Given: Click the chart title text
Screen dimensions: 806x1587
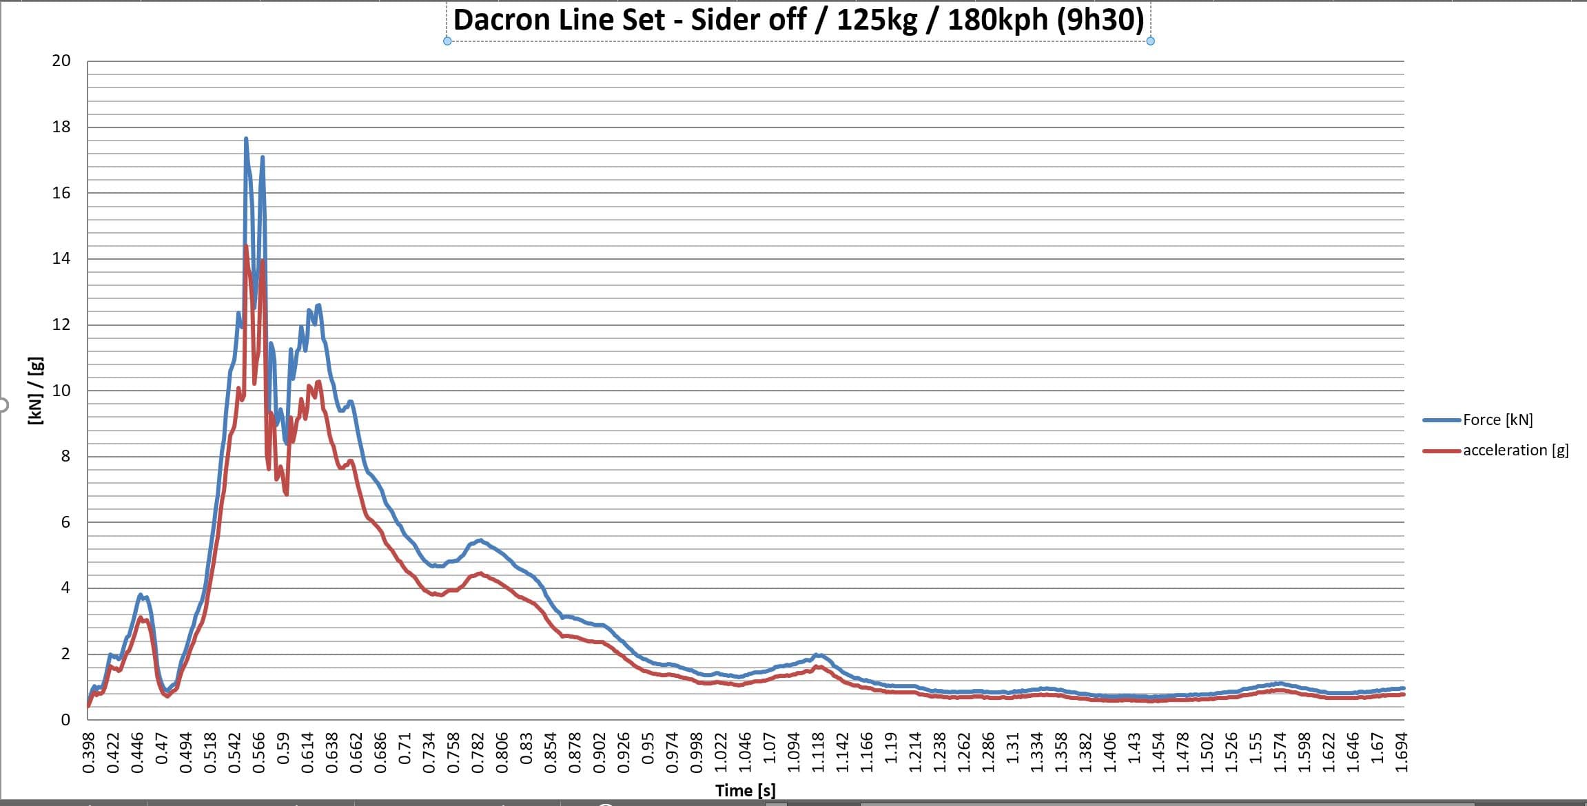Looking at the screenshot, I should (798, 20).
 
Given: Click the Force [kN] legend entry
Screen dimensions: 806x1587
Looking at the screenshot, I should (1497, 420).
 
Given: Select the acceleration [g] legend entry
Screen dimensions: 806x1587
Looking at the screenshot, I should (1515, 450).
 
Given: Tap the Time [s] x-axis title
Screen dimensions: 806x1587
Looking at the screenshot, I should (745, 790).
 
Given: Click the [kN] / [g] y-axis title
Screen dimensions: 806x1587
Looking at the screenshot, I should (36, 391).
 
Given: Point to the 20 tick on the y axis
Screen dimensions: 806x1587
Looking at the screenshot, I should (61, 61).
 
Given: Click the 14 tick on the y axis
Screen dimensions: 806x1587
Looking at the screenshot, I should (61, 258).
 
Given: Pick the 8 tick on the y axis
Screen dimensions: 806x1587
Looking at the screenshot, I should (65, 456).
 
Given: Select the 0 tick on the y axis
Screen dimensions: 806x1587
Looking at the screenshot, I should (65, 719).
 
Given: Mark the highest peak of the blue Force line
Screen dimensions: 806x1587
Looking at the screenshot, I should (246, 139).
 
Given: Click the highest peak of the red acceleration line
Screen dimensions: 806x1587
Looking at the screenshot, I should (246, 247).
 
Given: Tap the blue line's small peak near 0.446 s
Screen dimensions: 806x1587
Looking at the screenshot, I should (141, 595).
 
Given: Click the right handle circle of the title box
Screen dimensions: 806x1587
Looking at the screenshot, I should (1150, 41).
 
